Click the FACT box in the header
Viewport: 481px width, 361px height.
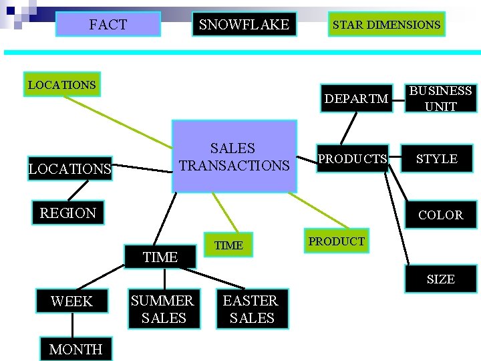pos(108,25)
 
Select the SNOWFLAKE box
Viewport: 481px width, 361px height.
pos(244,25)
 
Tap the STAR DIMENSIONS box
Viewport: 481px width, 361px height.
pos(386,25)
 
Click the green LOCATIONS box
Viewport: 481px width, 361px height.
pos(61,85)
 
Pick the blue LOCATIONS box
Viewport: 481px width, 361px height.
pos(69,169)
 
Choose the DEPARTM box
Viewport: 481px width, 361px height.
pos(356,99)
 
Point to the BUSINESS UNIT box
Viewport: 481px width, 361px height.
pos(440,98)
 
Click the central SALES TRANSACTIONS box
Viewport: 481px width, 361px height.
pos(234,156)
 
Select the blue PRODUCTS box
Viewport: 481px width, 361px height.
pos(352,159)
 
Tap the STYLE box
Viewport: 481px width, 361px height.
pos(437,159)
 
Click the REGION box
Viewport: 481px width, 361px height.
pos(67,213)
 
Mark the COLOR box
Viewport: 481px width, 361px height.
pos(440,215)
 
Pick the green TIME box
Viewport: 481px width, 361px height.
pos(228,245)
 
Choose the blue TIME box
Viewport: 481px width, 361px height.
pos(160,257)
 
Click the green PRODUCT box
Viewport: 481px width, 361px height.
pos(337,241)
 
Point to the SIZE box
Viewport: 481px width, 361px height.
pos(440,279)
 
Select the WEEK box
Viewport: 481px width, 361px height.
pos(71,302)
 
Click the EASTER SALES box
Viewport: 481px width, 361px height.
pos(251,310)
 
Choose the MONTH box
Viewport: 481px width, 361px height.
pos(75,349)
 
